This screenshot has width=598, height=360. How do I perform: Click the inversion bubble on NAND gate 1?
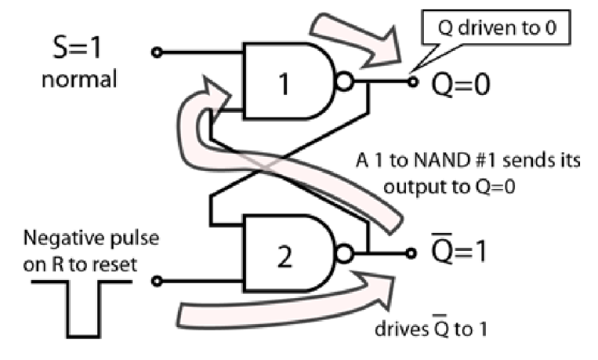click(345, 81)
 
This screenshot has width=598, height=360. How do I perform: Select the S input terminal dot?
click(157, 53)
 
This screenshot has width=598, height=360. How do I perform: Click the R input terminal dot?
click(157, 282)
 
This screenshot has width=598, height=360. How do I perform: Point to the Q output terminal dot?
click(411, 81)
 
